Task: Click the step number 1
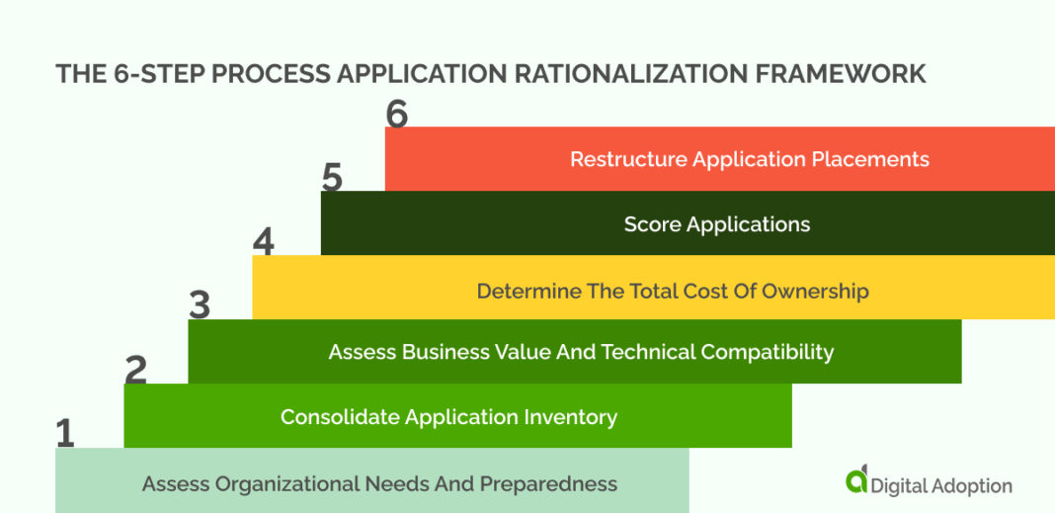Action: pyautogui.click(x=65, y=434)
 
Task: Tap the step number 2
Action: pyautogui.click(x=135, y=370)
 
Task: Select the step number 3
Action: pyautogui.click(x=200, y=305)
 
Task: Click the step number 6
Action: pyautogui.click(x=396, y=115)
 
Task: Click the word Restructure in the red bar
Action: pyautogui.click(x=627, y=159)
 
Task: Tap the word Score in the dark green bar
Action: pyautogui.click(x=652, y=224)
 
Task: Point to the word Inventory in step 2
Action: pyautogui.click(x=570, y=417)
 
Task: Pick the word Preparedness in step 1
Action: pyautogui.click(x=548, y=484)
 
